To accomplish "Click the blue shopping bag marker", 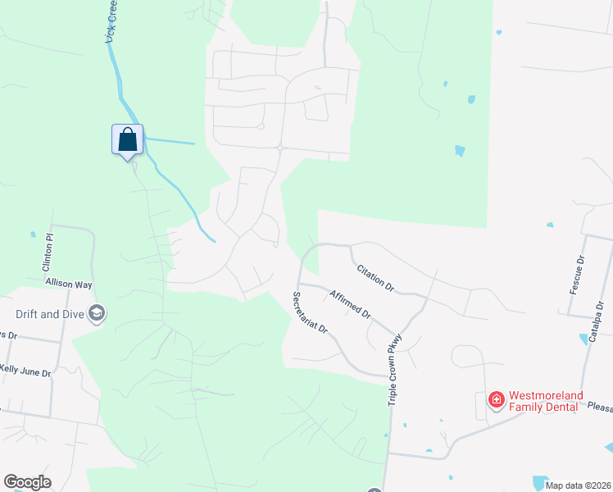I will click(127, 139).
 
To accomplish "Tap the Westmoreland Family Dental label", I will click(547, 400).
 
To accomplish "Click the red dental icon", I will click(496, 400).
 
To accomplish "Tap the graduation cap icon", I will click(97, 312).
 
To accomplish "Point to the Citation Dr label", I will click(375, 279).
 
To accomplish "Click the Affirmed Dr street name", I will click(351, 304).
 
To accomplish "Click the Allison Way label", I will click(69, 283).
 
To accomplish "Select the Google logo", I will click(27, 482).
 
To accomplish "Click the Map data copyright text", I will click(577, 485).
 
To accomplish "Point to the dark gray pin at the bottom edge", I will click(375, 490).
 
